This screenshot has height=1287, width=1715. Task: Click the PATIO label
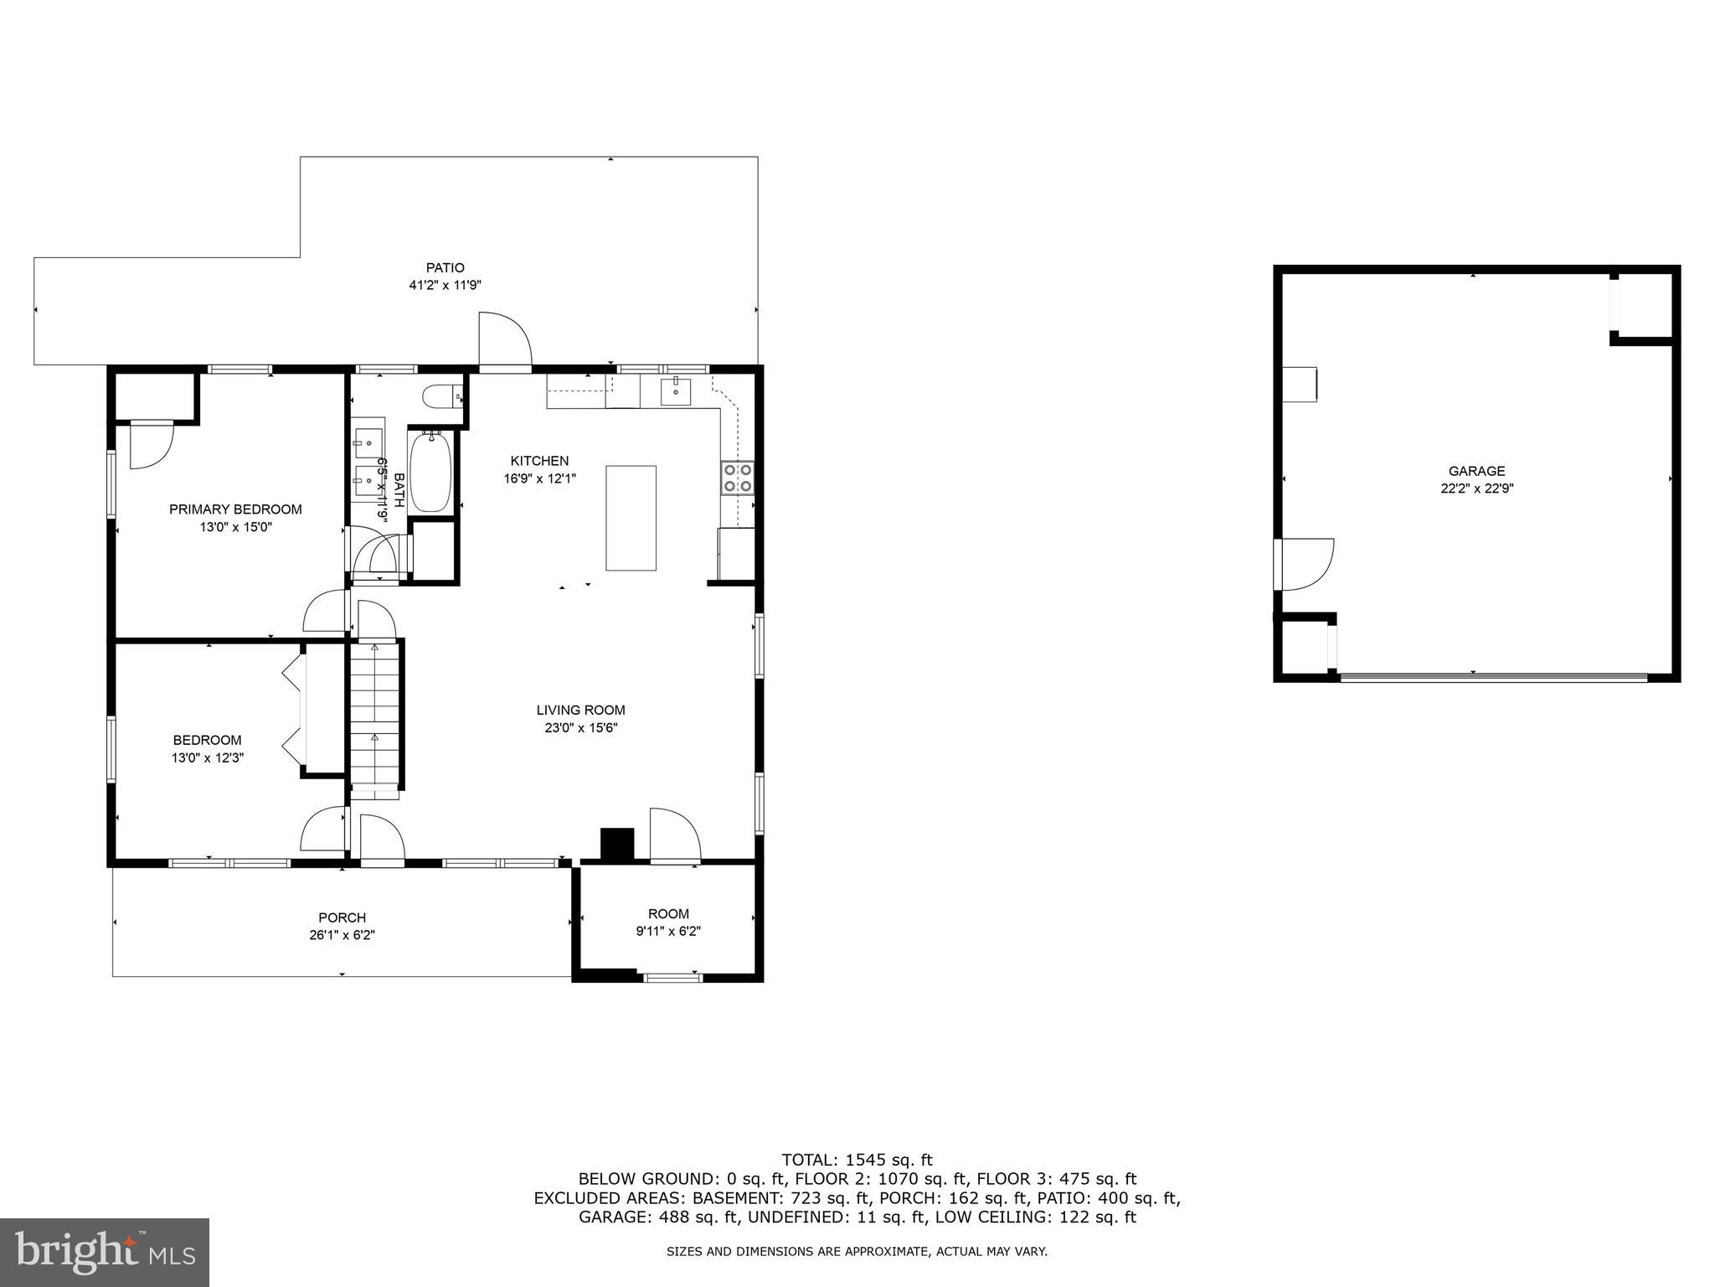(445, 268)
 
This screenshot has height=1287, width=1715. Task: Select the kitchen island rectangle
(631, 518)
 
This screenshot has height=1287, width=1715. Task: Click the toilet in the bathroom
(440, 395)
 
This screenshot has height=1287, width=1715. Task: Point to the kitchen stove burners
(737, 478)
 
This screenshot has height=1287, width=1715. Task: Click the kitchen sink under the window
(674, 390)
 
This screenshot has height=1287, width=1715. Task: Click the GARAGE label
(1476, 471)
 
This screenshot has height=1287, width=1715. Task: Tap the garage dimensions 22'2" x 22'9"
(1476, 489)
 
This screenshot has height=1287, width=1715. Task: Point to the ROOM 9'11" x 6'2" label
(668, 922)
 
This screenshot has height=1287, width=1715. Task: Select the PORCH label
(342, 917)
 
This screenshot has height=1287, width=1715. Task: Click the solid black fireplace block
(618, 844)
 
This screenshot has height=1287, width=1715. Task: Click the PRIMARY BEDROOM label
(235, 509)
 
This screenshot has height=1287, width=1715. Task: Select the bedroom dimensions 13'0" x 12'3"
(207, 758)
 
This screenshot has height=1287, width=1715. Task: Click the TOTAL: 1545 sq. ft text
(857, 1160)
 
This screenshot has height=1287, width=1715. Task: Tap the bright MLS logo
(104, 1253)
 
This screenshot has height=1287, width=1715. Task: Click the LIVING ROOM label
(580, 711)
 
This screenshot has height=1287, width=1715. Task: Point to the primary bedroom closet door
(150, 444)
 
